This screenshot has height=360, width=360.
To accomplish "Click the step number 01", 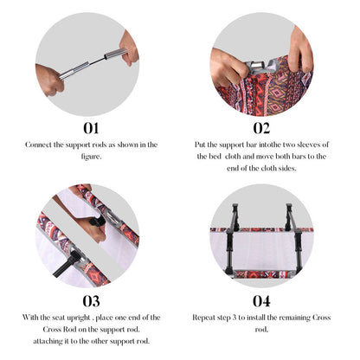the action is (x=91, y=128).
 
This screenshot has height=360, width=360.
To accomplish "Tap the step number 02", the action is (x=261, y=128).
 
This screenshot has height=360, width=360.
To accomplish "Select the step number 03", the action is (x=92, y=301).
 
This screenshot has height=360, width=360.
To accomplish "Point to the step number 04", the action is (x=261, y=301).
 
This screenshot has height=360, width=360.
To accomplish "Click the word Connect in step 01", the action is (x=39, y=145).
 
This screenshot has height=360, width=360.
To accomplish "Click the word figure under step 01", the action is (x=90, y=157).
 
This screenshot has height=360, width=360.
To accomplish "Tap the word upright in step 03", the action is (x=79, y=318).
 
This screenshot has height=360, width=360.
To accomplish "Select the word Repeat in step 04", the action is (x=203, y=318).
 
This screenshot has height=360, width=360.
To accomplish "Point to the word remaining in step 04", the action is (x=295, y=318).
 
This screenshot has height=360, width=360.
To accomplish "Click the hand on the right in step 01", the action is (x=129, y=48).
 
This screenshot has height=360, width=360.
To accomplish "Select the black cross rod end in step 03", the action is (x=68, y=262).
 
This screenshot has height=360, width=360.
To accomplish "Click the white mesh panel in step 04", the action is (x=261, y=250).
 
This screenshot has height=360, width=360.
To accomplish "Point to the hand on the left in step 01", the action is (x=49, y=80).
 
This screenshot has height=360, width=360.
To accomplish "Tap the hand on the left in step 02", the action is (x=228, y=67).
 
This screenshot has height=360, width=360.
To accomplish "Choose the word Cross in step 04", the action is (x=322, y=318).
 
